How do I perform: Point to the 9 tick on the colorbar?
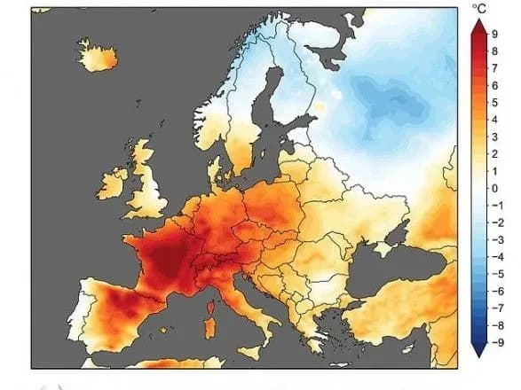coord(494,35)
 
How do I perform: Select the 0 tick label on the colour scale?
coord(494,189)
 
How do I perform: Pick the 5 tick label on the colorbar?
coord(494,104)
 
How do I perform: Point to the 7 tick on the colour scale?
coord(494,69)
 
